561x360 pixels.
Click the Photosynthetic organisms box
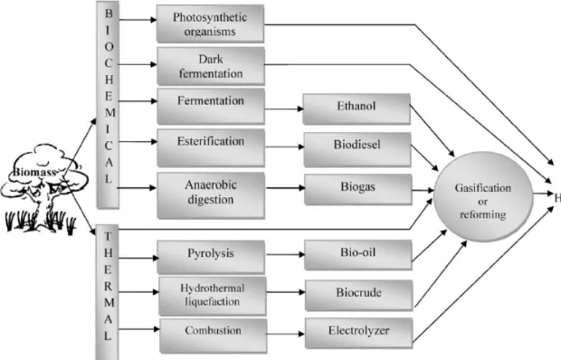pyautogui.click(x=210, y=24)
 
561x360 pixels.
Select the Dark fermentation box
pyautogui.click(x=211, y=66)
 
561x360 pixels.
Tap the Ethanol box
pyautogui.click(x=357, y=109)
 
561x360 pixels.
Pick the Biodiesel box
pyautogui.click(x=357, y=149)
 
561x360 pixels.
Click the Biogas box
pyautogui.click(x=358, y=189)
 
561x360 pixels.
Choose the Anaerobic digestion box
pyautogui.click(x=211, y=195)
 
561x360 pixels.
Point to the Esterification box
pyautogui.click(x=211, y=147)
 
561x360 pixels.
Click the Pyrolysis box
pyautogui.click(x=211, y=257)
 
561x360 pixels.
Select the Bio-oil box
pyautogui.click(x=358, y=255)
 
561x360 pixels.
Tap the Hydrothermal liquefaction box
pyautogui.click(x=213, y=296)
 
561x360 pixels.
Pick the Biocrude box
pyautogui.click(x=359, y=295)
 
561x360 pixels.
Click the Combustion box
pyautogui.click(x=214, y=336)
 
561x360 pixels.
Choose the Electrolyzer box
pyautogui.click(x=359, y=333)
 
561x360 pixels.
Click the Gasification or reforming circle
pyautogui.click(x=483, y=196)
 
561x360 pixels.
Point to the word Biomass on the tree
pyautogui.click(x=34, y=172)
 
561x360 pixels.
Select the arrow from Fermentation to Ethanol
pyautogui.click(x=284, y=109)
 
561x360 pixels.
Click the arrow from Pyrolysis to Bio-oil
pyautogui.click(x=285, y=254)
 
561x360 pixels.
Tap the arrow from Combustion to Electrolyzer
pyautogui.click(x=286, y=334)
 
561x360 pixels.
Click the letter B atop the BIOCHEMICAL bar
pyautogui.click(x=108, y=14)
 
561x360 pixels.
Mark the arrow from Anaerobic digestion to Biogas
pyautogui.click(x=285, y=187)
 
